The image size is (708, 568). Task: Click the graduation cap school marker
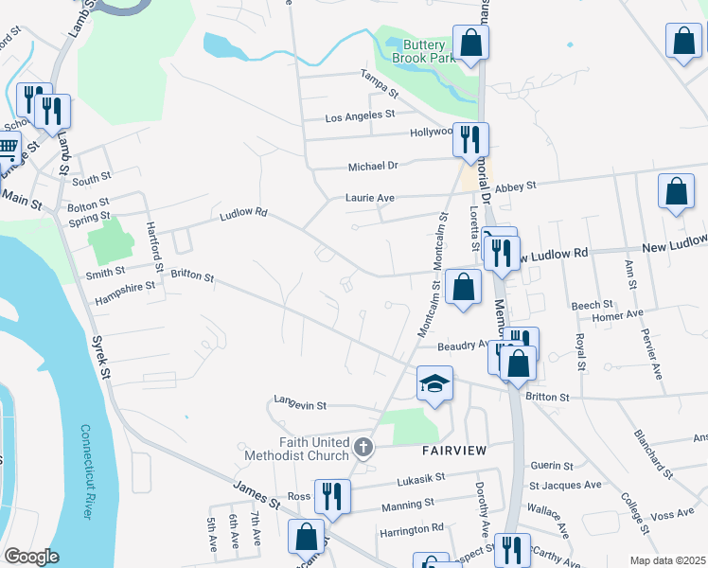click(x=434, y=384)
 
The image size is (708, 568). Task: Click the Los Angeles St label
click(x=360, y=115)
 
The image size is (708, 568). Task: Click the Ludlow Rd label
click(x=243, y=215)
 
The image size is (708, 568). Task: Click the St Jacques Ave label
click(x=565, y=485)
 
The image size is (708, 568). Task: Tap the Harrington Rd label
click(x=412, y=528)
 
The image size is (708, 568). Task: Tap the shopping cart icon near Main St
click(x=8, y=151)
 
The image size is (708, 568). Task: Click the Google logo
click(x=31, y=557)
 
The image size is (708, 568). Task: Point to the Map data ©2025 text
click(x=667, y=561)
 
